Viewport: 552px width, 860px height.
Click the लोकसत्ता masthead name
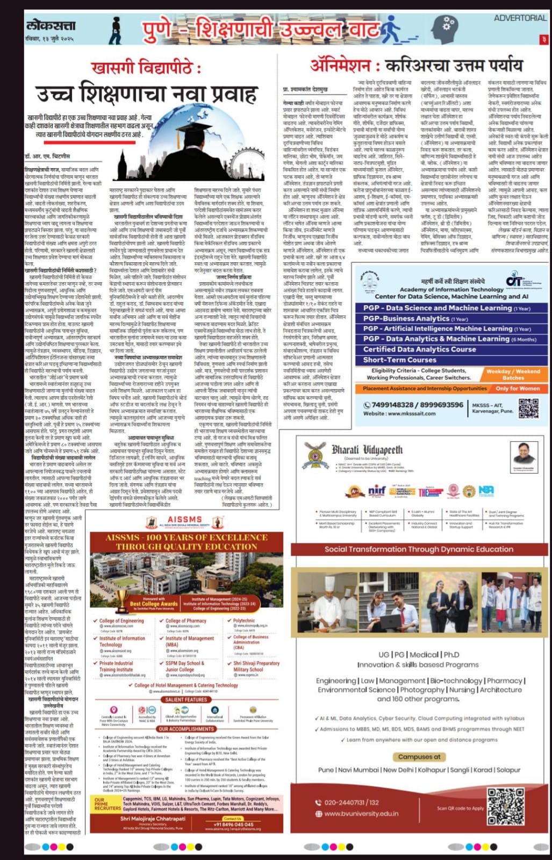tap(51, 25)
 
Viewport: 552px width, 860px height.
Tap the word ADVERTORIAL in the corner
tap(520, 18)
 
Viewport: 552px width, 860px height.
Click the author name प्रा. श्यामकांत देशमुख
tap(305, 89)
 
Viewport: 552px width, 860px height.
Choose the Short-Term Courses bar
tap(399, 360)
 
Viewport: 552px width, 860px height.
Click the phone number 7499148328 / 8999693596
tap(413, 405)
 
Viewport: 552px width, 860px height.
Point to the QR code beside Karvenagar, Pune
tap(528, 408)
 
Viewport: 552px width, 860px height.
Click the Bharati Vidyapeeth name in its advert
tap(367, 449)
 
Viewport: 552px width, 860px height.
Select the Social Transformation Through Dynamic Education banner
tap(419, 549)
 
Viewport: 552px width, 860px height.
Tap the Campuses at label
tap(419, 756)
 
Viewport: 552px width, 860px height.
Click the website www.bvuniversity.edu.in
tap(361, 813)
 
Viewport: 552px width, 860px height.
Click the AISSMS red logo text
tap(185, 520)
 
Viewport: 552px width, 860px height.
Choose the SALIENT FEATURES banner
tap(186, 699)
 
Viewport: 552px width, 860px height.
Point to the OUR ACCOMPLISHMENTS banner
tap(186, 729)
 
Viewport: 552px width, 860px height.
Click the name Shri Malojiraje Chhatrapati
tap(153, 819)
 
